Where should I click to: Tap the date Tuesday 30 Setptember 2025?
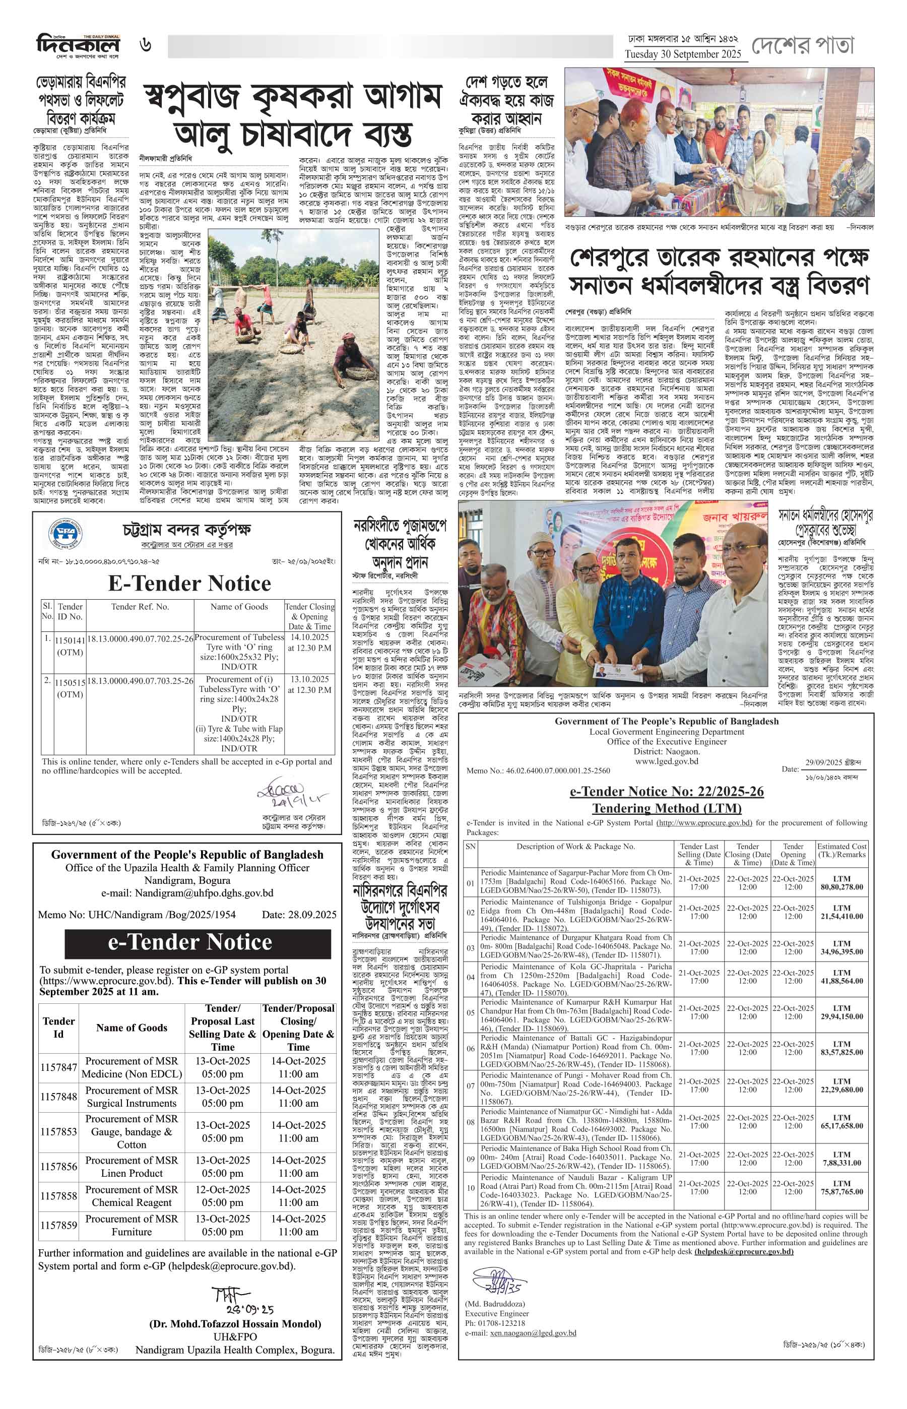(x=686, y=54)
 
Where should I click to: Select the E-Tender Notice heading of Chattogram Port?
(x=189, y=583)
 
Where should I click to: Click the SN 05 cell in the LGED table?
(x=470, y=1012)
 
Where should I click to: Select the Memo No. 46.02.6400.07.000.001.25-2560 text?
(x=538, y=771)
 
